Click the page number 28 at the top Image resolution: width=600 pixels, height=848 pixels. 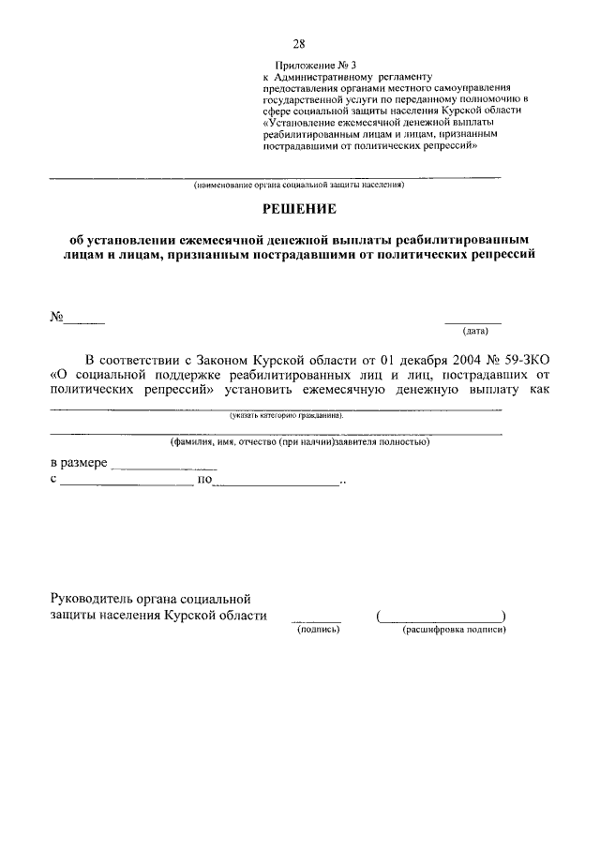coord(299,44)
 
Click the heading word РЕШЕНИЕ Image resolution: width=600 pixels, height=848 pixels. coord(299,213)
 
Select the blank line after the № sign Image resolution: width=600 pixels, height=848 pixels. coord(84,321)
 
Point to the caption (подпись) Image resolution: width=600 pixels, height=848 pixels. coord(318,631)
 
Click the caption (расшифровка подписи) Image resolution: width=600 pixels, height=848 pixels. coord(455,631)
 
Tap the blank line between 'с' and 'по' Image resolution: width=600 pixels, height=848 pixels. coord(127,484)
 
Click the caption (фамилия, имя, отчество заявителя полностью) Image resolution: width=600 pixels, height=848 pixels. coord(299,440)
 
